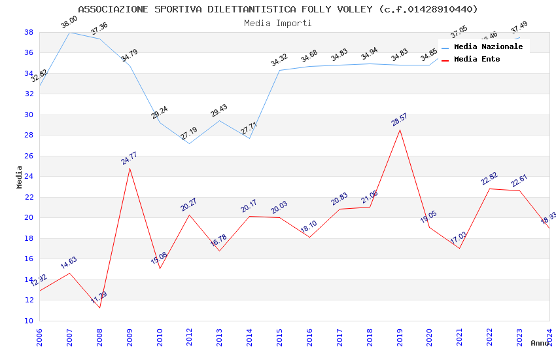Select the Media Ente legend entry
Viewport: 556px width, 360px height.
(x=477, y=60)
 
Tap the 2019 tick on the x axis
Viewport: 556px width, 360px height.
(x=400, y=333)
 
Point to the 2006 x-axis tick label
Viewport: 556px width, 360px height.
(x=40, y=333)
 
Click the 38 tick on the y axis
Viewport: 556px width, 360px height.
(x=29, y=32)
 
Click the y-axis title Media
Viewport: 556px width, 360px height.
(x=20, y=177)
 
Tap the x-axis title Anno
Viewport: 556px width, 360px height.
(x=540, y=343)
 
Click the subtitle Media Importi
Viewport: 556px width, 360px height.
(x=278, y=23)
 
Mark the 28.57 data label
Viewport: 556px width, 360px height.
(x=399, y=119)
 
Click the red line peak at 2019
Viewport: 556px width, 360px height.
(x=400, y=130)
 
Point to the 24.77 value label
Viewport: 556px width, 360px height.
(x=130, y=158)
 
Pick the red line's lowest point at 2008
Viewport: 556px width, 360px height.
(x=100, y=308)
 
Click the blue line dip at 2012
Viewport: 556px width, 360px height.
(x=190, y=143)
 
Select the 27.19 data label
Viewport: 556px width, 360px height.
(x=190, y=134)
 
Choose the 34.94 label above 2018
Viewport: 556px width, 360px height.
(x=370, y=54)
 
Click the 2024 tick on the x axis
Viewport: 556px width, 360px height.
(x=549, y=333)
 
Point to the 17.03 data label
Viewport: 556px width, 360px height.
(x=459, y=238)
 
